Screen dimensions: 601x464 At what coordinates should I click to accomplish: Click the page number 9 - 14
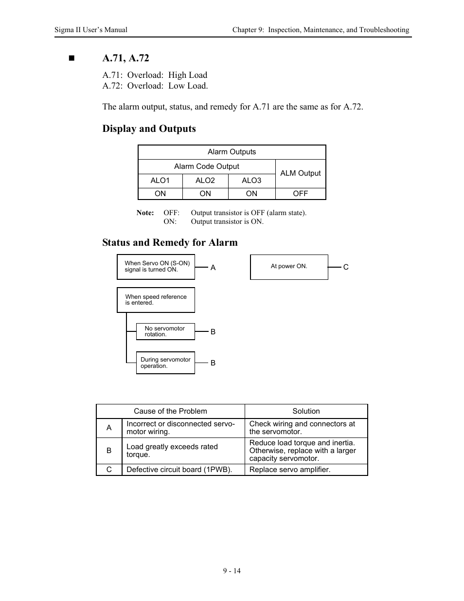232,571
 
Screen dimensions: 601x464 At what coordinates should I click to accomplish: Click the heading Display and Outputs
149,128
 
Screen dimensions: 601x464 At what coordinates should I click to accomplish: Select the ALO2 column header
205,181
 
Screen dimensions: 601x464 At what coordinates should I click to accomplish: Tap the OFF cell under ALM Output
300,194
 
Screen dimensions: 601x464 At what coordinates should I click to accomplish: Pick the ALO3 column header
251,181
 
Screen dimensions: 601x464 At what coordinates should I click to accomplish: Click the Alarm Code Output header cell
206,166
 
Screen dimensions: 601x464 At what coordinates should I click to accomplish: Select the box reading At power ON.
289,267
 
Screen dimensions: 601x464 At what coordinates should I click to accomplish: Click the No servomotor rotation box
165,331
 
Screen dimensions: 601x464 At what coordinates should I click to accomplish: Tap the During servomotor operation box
165,363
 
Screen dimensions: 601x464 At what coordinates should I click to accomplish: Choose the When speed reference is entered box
156,300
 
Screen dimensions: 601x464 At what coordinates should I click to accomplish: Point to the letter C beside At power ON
346,267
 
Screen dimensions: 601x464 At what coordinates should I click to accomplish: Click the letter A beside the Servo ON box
213,267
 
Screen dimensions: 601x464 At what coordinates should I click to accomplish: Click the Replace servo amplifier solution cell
306,470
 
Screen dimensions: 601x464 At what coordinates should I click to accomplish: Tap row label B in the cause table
109,451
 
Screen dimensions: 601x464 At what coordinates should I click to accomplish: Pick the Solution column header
306,411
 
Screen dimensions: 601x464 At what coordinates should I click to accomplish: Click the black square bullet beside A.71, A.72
72,58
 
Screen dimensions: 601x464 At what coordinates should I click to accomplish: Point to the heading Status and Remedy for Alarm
170,242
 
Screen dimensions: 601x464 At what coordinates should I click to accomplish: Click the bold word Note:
145,213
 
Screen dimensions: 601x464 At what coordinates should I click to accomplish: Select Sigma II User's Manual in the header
91,30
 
